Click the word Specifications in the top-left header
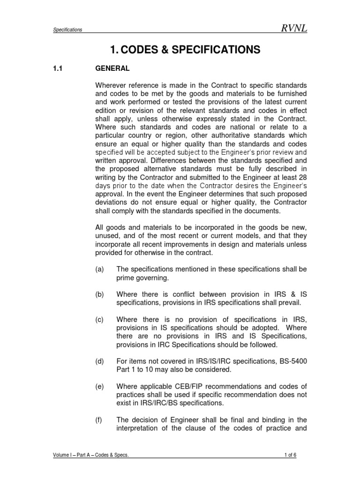[x=67, y=30]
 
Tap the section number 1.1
[x=57, y=68]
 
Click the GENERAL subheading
[x=112, y=68]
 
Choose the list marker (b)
[x=99, y=294]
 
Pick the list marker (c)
[x=99, y=320]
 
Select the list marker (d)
[x=99, y=361]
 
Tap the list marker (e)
[x=99, y=386]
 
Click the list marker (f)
[x=99, y=420]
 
